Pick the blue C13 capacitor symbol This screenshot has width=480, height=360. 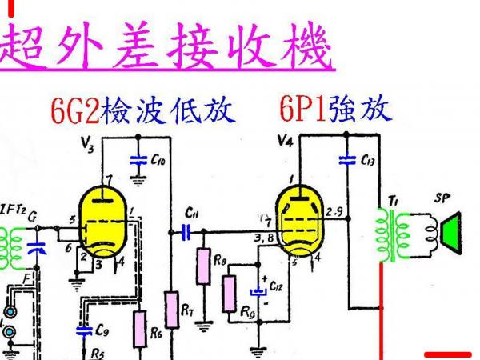click(x=346, y=160)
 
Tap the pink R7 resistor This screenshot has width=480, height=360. click(x=170, y=306)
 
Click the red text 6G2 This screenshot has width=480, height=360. click(x=73, y=111)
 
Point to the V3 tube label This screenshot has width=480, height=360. click(x=88, y=145)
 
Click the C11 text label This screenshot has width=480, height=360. click(x=192, y=213)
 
